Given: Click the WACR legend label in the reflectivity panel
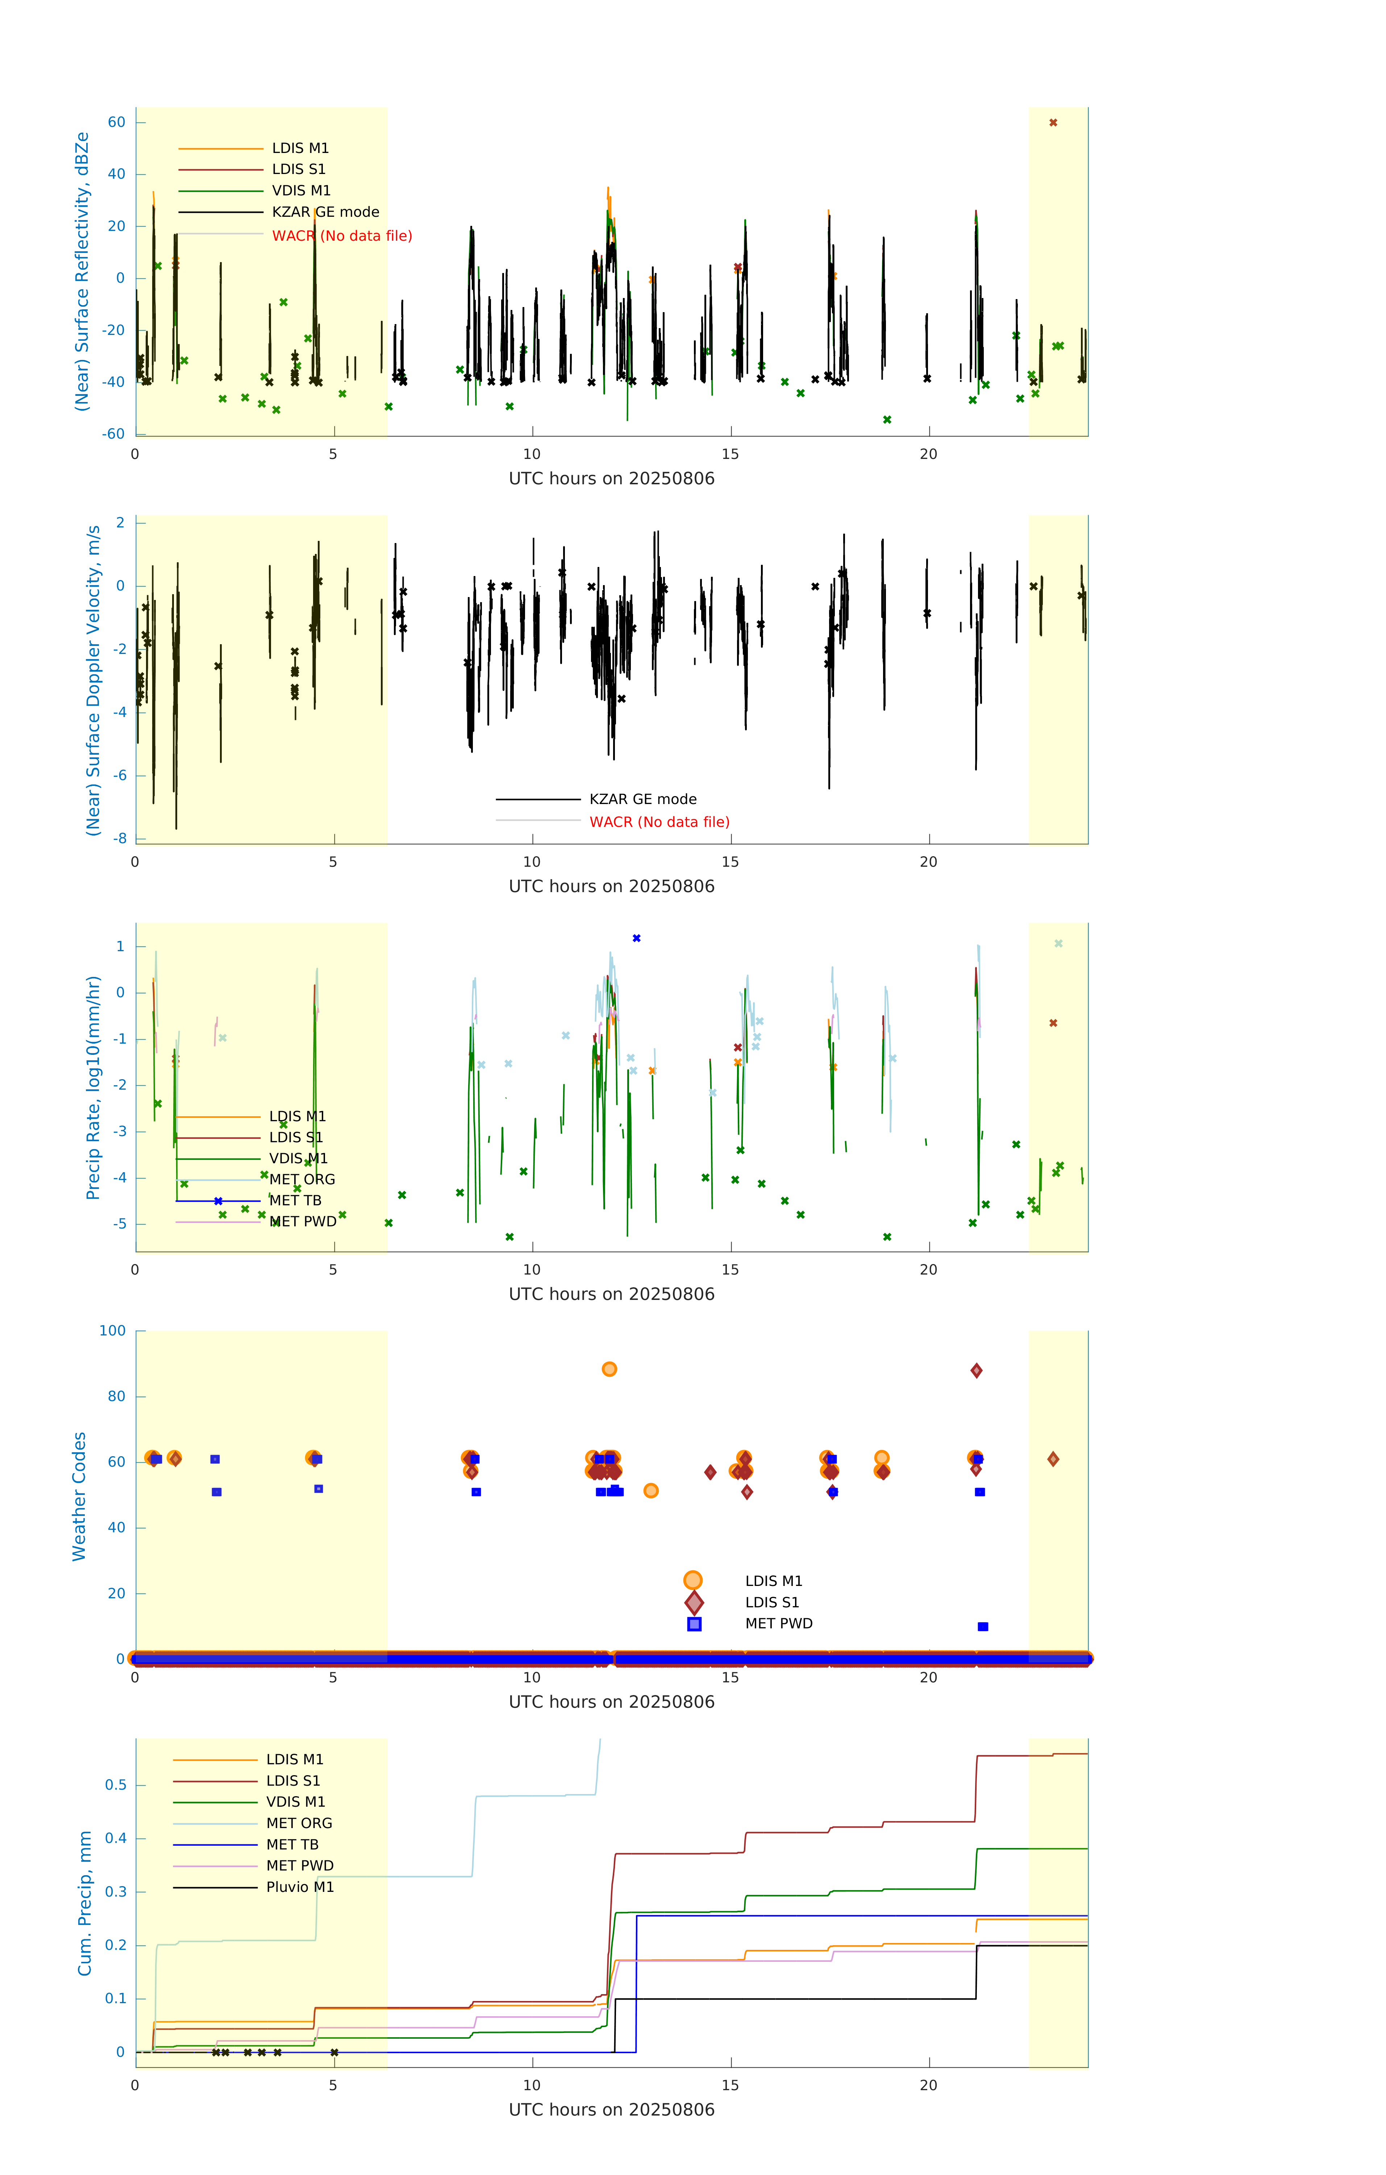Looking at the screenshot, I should coord(341,236).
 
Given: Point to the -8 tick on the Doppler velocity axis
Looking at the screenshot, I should coord(120,838).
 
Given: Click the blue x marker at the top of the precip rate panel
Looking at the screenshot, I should coord(637,939).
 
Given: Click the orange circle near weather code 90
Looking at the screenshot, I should coord(609,1369).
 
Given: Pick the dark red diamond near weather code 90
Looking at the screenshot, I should coord(976,1371).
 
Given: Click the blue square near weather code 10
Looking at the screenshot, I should coord(983,1627).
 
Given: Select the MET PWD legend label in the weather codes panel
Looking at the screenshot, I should coord(778,1623).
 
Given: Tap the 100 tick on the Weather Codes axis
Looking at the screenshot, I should coord(113,1330).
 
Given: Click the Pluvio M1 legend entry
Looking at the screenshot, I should coord(300,1887).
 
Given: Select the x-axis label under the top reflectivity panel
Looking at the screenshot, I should coord(611,479).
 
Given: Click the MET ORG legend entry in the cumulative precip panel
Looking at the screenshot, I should coord(299,1823).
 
